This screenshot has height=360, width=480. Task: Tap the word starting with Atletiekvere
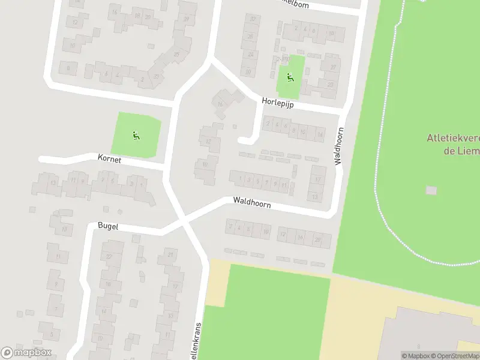coord(453,137)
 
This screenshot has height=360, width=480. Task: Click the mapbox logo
coord(26,352)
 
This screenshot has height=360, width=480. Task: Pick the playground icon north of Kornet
coord(136,135)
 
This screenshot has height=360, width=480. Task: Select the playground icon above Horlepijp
coord(290,77)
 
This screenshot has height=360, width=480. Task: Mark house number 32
coord(253,19)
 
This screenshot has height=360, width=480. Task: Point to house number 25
coord(176,55)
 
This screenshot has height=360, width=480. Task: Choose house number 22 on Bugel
coord(110,256)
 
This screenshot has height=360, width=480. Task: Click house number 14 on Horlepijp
coord(320,135)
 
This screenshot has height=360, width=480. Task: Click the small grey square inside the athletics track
coord(431,190)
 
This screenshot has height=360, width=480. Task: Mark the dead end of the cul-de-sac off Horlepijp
coord(242,140)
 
